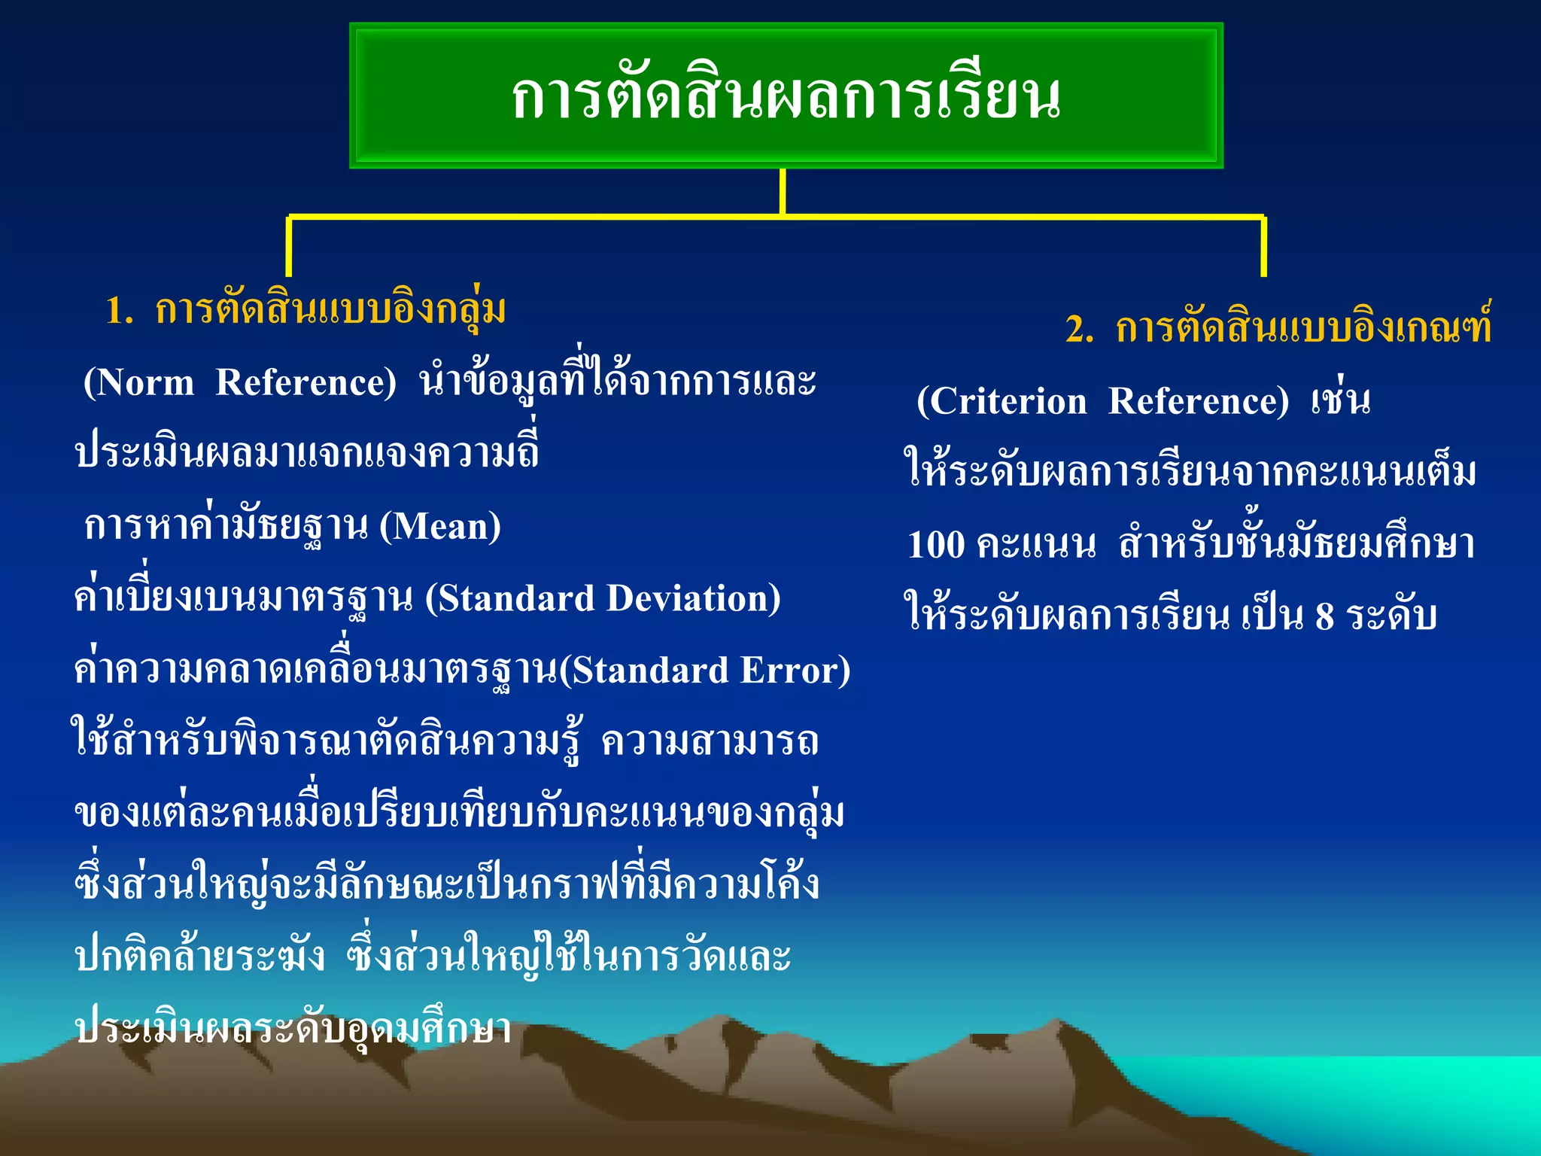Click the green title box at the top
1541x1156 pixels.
pos(786,96)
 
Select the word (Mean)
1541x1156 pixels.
pos(440,526)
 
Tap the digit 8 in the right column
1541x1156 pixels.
pos(1324,616)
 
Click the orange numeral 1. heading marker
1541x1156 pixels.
pos(119,311)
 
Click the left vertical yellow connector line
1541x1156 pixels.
pos(289,247)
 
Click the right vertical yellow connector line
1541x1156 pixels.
pos(1263,247)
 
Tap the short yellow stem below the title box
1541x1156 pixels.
pos(783,191)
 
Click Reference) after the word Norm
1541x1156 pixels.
pos(305,382)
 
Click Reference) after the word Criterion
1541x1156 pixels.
pos(1199,401)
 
